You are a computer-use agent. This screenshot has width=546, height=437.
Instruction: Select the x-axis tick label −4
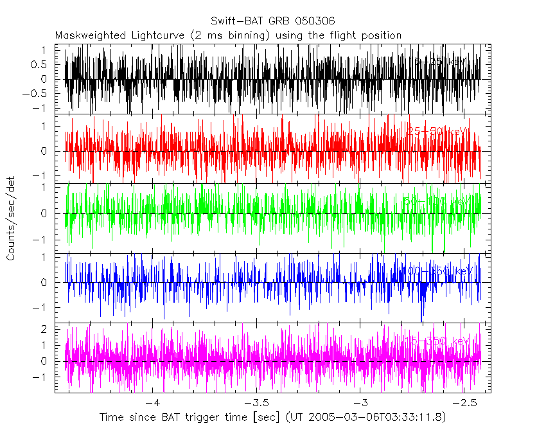(x=152, y=404)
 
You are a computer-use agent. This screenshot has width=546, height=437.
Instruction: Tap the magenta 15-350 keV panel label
(x=437, y=341)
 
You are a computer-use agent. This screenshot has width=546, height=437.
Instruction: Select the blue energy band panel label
(x=437, y=271)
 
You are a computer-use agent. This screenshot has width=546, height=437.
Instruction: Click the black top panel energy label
(x=437, y=62)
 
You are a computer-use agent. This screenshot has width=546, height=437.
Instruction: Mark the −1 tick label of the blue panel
(x=42, y=307)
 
